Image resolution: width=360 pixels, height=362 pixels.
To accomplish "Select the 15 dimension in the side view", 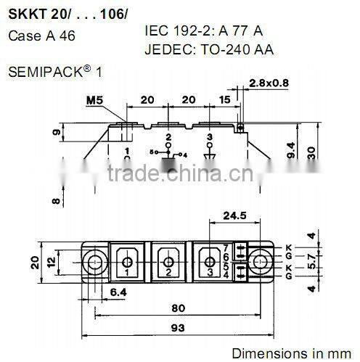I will [x=226, y=99].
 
